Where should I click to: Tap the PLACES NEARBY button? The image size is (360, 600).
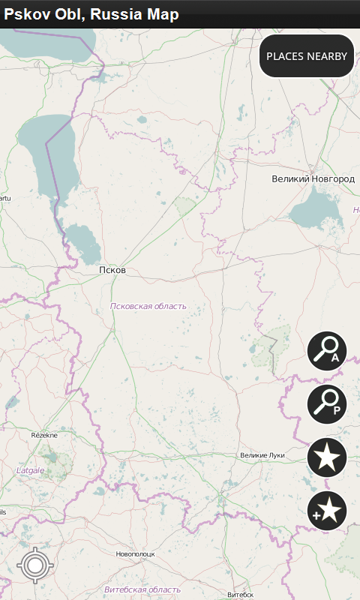pyautogui.click(x=307, y=55)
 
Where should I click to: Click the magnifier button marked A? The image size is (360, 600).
pyautogui.click(x=327, y=350)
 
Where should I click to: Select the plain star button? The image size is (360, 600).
pyautogui.click(x=327, y=457)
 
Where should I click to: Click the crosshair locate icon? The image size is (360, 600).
pyautogui.click(x=35, y=565)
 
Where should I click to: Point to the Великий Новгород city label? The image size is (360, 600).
pyautogui.click(x=313, y=179)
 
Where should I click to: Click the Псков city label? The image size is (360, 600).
pyautogui.click(x=112, y=270)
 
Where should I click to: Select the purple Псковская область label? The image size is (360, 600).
pyautogui.click(x=148, y=306)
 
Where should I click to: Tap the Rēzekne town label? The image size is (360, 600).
pyautogui.click(x=44, y=435)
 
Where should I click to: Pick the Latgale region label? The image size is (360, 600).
pyautogui.click(x=30, y=470)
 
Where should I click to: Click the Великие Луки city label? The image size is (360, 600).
pyautogui.click(x=262, y=455)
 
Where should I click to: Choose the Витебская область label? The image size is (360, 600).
pyautogui.click(x=142, y=589)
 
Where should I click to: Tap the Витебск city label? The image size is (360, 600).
pyautogui.click(x=241, y=594)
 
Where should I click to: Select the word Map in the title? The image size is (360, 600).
pyautogui.click(x=162, y=14)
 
